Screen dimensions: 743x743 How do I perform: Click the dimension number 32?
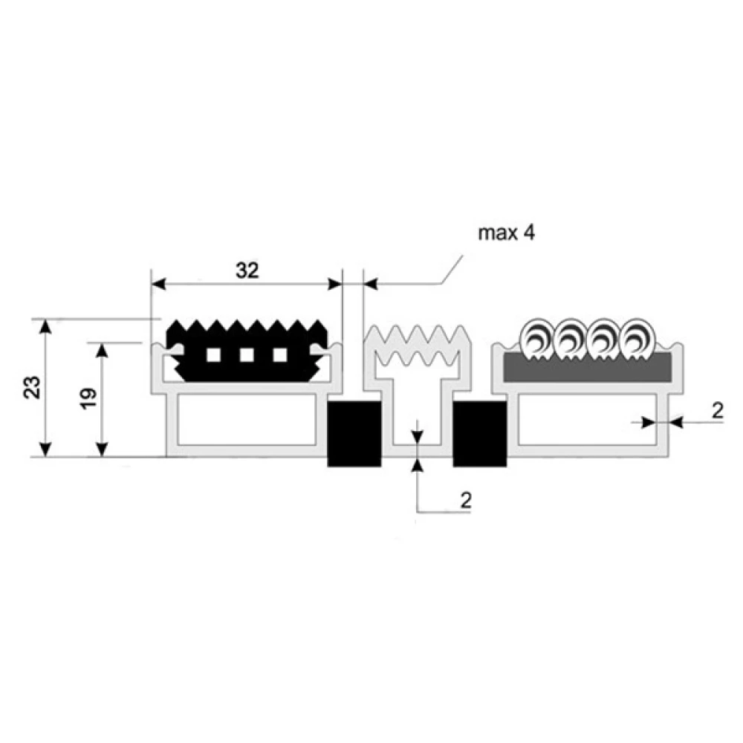247,270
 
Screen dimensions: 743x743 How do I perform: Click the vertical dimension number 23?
33,387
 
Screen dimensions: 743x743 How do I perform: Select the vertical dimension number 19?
88,398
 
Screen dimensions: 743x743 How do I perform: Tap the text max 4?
506,233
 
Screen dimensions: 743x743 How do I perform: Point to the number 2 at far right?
718,410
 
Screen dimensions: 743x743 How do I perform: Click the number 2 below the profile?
467,500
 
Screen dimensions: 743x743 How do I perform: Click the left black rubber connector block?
354,434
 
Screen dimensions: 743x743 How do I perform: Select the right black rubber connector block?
480,434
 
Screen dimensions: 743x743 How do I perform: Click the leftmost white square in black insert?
213,355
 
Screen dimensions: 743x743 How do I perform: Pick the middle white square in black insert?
247,355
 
